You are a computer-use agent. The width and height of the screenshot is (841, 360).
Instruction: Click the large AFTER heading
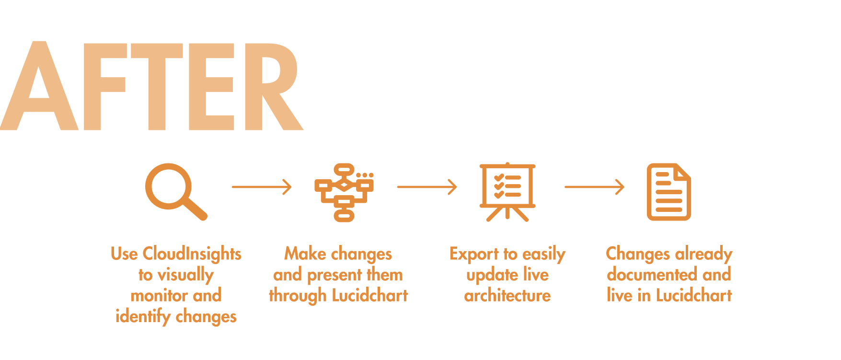pos(151,86)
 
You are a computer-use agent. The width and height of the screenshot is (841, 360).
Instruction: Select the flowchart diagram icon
pos(344,192)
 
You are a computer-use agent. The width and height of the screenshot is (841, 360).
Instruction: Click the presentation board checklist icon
pos(507,191)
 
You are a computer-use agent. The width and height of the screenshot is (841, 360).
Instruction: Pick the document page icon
pos(668,192)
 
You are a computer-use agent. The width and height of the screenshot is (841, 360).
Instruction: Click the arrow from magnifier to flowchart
pos(262,186)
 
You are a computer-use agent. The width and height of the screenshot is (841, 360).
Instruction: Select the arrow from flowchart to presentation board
pos(427,186)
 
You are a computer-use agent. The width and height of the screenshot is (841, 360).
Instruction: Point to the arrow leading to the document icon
pos(594,186)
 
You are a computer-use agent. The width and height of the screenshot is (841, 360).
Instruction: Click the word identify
pos(143,317)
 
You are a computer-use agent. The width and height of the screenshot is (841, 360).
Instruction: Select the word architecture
pos(507,296)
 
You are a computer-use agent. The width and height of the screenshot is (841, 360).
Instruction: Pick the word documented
pos(652,275)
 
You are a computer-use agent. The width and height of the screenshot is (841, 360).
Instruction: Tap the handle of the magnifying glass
pos(196,209)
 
